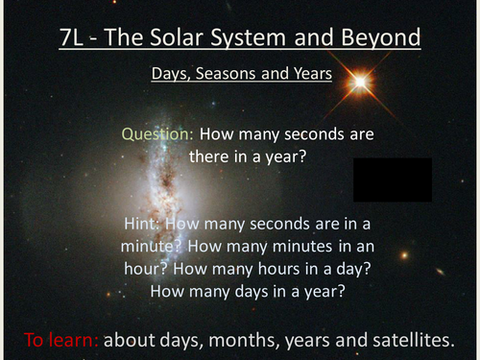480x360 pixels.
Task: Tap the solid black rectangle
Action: pyautogui.click(x=392, y=180)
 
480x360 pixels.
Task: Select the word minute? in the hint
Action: pyautogui.click(x=143, y=247)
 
